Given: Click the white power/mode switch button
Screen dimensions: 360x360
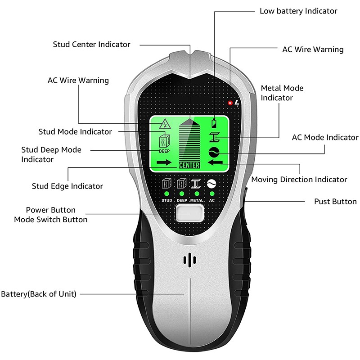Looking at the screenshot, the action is click(x=189, y=213).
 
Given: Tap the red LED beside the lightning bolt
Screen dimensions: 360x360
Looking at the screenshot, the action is click(x=230, y=103).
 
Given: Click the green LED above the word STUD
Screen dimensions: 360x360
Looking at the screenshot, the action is click(x=166, y=193).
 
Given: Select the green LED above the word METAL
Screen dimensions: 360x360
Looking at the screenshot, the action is click(x=197, y=193).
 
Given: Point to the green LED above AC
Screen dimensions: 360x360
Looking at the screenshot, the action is click(x=212, y=193).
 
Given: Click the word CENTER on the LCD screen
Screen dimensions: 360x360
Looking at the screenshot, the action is click(x=189, y=165).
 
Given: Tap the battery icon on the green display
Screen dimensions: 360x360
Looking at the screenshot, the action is click(x=214, y=123).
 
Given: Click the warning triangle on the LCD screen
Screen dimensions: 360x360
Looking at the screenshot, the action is click(x=165, y=124).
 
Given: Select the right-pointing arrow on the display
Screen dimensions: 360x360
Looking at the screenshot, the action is click(x=164, y=162).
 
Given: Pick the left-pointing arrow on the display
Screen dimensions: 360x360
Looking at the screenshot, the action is click(x=215, y=162).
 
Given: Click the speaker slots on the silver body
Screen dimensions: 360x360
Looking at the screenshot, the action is click(x=189, y=260).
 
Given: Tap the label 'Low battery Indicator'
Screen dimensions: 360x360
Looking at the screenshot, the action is click(x=298, y=11).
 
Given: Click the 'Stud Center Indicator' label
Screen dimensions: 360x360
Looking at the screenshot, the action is click(x=92, y=44).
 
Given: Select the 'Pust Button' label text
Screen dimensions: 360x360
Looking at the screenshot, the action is click(x=335, y=202).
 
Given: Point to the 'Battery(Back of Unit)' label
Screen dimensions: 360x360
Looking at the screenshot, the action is click(x=39, y=294).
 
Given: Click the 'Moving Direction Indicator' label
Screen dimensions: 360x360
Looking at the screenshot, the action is click(x=299, y=180).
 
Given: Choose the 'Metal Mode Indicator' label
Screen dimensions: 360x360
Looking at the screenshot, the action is click(x=282, y=93).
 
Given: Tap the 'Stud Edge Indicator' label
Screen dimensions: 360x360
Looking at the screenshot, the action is click(x=67, y=186).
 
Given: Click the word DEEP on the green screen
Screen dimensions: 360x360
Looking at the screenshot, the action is click(x=164, y=151).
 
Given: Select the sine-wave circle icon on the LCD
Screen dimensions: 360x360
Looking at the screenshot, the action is click(x=214, y=152).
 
